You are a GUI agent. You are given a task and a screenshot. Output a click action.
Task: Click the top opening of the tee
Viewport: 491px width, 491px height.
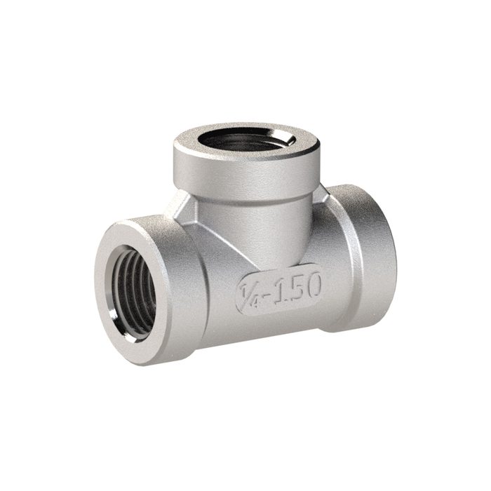point(245,140)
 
